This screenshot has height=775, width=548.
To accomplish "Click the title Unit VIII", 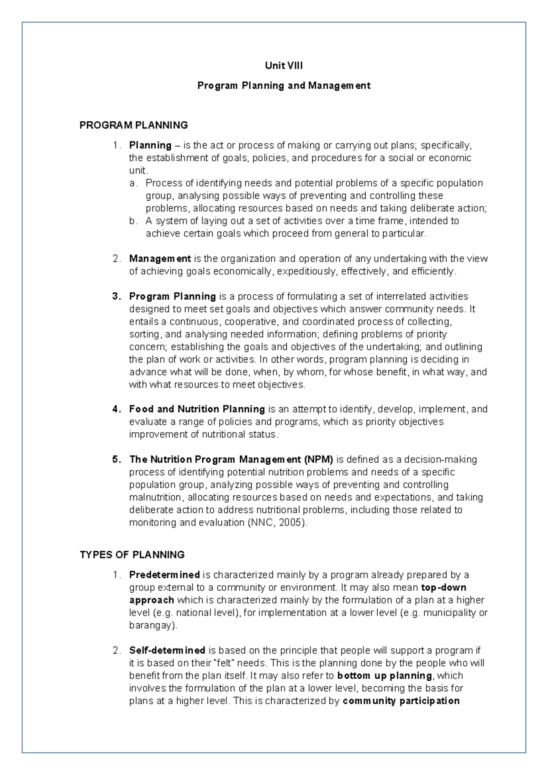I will [284, 66].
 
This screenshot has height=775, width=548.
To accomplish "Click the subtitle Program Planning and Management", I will [284, 86].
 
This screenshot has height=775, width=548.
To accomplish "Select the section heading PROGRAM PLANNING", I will [133, 125].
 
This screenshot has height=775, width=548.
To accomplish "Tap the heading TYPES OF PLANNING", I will [132, 555].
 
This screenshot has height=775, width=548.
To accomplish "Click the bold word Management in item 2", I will [160, 259].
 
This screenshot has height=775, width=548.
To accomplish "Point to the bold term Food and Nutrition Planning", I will [197, 409].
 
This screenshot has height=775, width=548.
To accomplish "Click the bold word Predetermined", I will [164, 575].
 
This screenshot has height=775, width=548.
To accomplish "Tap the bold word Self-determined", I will [167, 650].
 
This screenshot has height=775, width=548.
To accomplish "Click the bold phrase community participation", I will [401, 701].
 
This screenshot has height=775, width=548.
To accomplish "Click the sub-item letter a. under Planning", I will [133, 183].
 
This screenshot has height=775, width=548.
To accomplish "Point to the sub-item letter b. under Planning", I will [133, 221].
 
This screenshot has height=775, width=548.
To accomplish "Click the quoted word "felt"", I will [224, 663].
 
